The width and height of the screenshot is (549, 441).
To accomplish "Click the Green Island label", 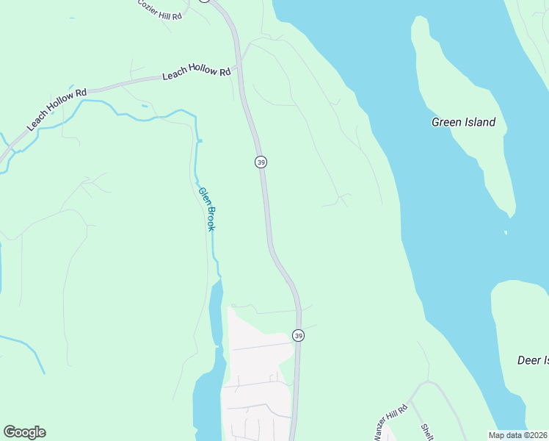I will (x=463, y=122).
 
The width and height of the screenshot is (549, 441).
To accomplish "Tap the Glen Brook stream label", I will (x=206, y=209).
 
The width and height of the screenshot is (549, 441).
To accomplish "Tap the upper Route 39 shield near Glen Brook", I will (x=261, y=162).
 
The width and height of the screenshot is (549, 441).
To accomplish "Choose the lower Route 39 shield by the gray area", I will (x=298, y=335).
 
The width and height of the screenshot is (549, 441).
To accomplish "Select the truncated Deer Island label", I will (x=533, y=360).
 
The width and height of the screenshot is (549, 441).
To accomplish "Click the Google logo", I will (x=24, y=432).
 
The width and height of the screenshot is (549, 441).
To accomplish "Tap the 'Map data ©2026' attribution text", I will (x=517, y=435).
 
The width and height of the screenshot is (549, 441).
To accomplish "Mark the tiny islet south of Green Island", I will (x=506, y=232).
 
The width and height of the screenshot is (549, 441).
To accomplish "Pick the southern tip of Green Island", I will (x=507, y=214).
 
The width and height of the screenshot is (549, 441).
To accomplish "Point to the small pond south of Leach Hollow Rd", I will (x=145, y=107).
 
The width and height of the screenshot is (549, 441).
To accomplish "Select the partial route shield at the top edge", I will (x=205, y=1).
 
